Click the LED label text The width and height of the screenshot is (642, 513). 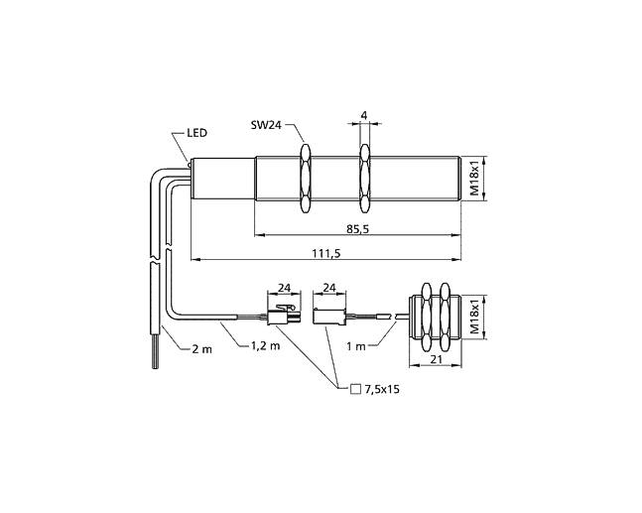pyautogui.click(x=196, y=133)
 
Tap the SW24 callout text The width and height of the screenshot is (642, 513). pyautogui.click(x=266, y=125)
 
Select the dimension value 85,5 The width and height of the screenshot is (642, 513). pyautogui.click(x=358, y=229)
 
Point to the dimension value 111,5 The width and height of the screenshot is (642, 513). pyautogui.click(x=326, y=253)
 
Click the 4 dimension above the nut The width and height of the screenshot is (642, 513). pyautogui.click(x=364, y=115)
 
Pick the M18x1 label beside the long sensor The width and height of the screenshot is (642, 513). pyautogui.click(x=473, y=180)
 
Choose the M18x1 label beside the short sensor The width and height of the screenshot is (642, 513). pyautogui.click(x=473, y=318)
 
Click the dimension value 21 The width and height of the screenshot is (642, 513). pyautogui.click(x=437, y=359)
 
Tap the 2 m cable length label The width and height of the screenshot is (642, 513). pyautogui.click(x=201, y=349)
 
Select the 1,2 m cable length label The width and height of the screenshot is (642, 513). pyautogui.click(x=265, y=346)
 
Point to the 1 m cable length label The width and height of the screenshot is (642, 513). pyautogui.click(x=356, y=346)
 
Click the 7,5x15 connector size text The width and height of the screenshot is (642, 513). pyautogui.click(x=382, y=389)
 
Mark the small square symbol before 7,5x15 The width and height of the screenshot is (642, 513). pyautogui.click(x=356, y=389)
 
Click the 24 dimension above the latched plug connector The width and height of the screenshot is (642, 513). pyautogui.click(x=284, y=288)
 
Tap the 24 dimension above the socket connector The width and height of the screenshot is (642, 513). pyautogui.click(x=329, y=288)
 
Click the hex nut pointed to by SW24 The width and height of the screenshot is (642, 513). pyautogui.click(x=305, y=178)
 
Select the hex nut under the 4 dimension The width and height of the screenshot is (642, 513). pyautogui.click(x=364, y=179)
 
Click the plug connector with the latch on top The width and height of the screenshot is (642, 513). pyautogui.click(x=284, y=316)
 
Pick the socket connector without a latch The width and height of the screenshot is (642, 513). pyautogui.click(x=329, y=317)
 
